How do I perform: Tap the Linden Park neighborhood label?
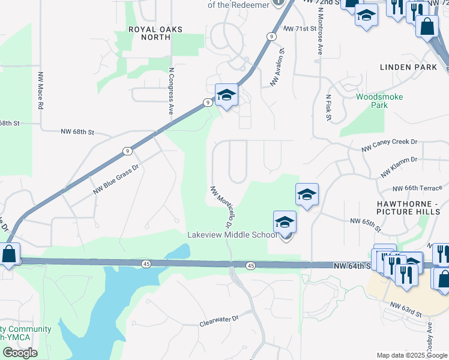[x=408, y=67]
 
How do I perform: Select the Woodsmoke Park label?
[x=379, y=101]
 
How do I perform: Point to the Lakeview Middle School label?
[x=232, y=235]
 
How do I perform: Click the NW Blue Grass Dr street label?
[x=116, y=180]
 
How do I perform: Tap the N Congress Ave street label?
[x=171, y=90]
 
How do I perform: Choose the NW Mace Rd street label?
[x=41, y=91]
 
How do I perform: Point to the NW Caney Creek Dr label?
[x=389, y=145]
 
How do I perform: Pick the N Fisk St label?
[x=328, y=107]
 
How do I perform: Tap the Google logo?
[x=20, y=353]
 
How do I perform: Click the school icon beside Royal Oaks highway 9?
[x=226, y=95]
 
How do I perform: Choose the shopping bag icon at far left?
[x=8, y=254]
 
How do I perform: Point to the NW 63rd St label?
[x=406, y=309]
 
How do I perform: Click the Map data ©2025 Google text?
[x=411, y=355]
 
